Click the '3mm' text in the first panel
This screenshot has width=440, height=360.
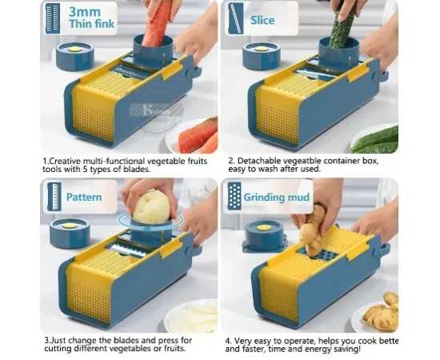[85, 12]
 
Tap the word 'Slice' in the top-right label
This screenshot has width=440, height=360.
[262, 20]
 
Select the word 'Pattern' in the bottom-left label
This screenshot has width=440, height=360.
[84, 197]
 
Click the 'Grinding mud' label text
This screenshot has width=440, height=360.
[277, 198]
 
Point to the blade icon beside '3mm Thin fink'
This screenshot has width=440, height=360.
[53, 18]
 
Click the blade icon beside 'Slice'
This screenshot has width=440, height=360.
[236, 18]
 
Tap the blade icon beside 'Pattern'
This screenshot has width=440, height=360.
[54, 197]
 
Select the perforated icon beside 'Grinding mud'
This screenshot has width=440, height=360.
[234, 196]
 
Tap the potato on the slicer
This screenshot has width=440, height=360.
[151, 207]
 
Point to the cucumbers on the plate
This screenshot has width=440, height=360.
[375, 140]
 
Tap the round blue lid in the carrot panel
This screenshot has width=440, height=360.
[74, 56]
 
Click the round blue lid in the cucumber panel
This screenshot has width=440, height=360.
[262, 55]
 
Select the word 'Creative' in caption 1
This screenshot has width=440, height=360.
[65, 161]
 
